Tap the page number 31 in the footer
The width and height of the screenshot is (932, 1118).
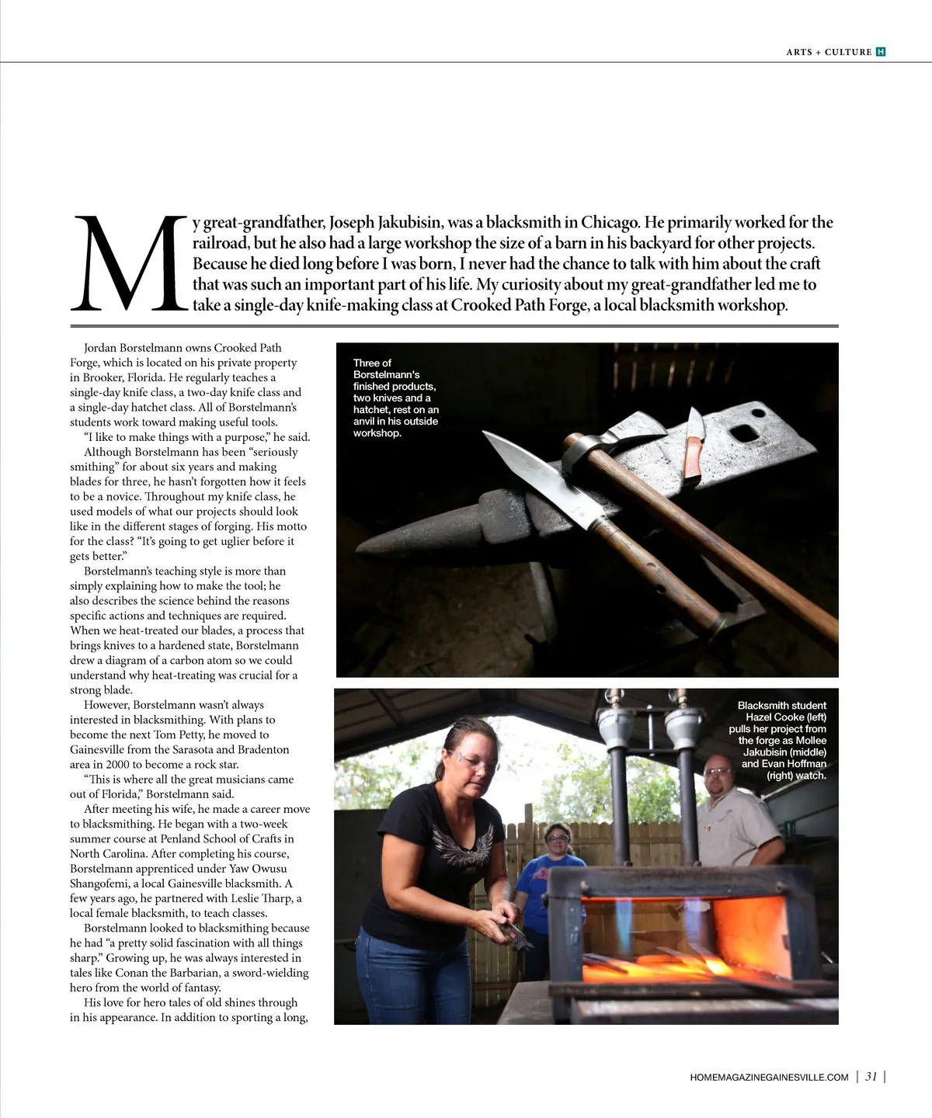pyautogui.click(x=871, y=1077)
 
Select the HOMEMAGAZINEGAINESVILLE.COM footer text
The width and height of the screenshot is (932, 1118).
pyautogui.click(x=769, y=1078)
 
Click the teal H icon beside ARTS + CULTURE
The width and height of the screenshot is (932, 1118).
pyautogui.click(x=881, y=52)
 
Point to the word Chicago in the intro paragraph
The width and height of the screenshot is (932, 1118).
pyautogui.click(x=611, y=223)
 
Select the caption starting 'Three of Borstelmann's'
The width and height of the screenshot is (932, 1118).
pyautogui.click(x=395, y=398)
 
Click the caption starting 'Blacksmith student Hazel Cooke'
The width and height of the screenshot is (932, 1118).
pyautogui.click(x=779, y=740)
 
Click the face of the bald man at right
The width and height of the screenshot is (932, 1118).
pyautogui.click(x=718, y=776)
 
